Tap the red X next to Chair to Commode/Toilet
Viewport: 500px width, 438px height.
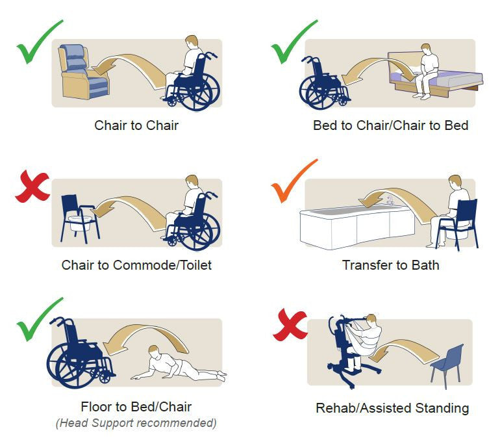pos(32,188)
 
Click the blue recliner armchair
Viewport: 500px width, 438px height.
pos(82,71)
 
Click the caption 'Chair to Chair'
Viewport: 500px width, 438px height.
pos(136,125)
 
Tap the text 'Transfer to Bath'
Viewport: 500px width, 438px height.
pos(390,265)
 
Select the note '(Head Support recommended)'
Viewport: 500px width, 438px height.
pos(136,423)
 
